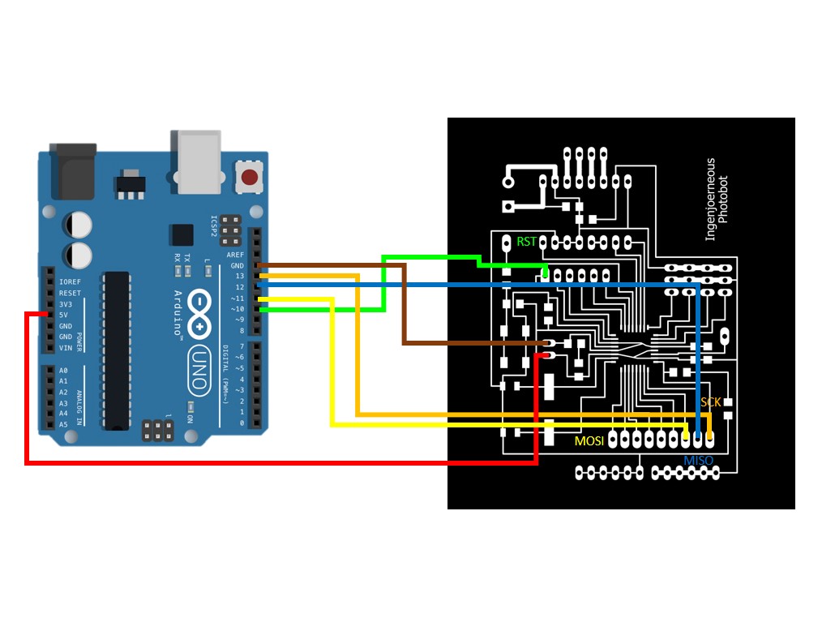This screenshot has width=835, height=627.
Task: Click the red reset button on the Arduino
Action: [250, 177]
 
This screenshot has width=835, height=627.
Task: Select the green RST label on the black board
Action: [527, 242]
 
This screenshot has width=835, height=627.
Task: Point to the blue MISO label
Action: [698, 461]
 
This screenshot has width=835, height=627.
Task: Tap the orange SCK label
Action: [710, 402]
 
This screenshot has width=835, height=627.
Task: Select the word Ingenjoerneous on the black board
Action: [711, 200]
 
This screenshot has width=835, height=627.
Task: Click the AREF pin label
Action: [236, 254]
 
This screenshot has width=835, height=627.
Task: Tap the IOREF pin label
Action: [70, 281]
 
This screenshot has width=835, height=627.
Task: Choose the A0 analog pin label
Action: [63, 370]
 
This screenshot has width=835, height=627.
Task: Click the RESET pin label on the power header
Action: [70, 293]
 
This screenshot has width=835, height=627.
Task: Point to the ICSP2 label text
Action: [214, 225]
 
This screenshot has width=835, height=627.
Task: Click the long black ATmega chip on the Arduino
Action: [115, 350]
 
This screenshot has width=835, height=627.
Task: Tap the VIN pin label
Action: [66, 348]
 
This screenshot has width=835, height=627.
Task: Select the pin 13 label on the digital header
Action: [240, 277]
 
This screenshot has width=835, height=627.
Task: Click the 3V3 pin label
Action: [66, 304]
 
